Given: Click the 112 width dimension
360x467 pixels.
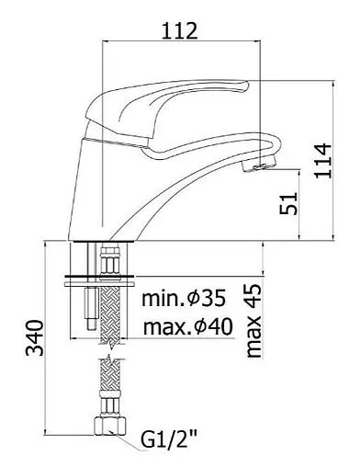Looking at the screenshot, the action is click(180, 30).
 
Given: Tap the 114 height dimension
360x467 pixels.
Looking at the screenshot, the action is click(323, 160).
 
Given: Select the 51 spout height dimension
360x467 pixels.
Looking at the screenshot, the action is click(288, 203).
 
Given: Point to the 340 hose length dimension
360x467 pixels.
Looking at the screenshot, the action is click(34, 337).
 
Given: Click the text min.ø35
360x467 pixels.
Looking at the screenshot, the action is click(184, 298).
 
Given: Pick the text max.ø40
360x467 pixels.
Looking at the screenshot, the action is click(188, 327).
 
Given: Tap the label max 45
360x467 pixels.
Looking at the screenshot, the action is click(253, 321).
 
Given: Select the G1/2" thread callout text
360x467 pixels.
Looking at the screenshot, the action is click(169, 440).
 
